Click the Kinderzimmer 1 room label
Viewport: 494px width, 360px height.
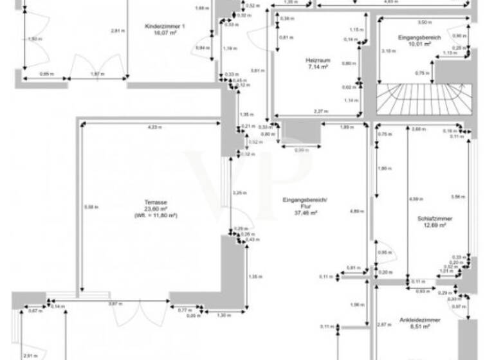click(165, 26)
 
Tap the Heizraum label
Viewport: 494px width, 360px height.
click(318, 60)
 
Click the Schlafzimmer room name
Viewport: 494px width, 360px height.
click(434, 219)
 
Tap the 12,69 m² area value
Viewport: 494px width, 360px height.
click(434, 226)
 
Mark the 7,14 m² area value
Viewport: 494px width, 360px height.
click(318, 67)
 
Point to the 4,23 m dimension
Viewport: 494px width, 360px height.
click(155, 127)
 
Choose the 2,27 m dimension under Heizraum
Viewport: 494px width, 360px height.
click(320, 112)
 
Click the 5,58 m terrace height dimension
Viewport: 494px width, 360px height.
click(89, 206)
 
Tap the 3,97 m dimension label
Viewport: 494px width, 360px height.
click(114, 303)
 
